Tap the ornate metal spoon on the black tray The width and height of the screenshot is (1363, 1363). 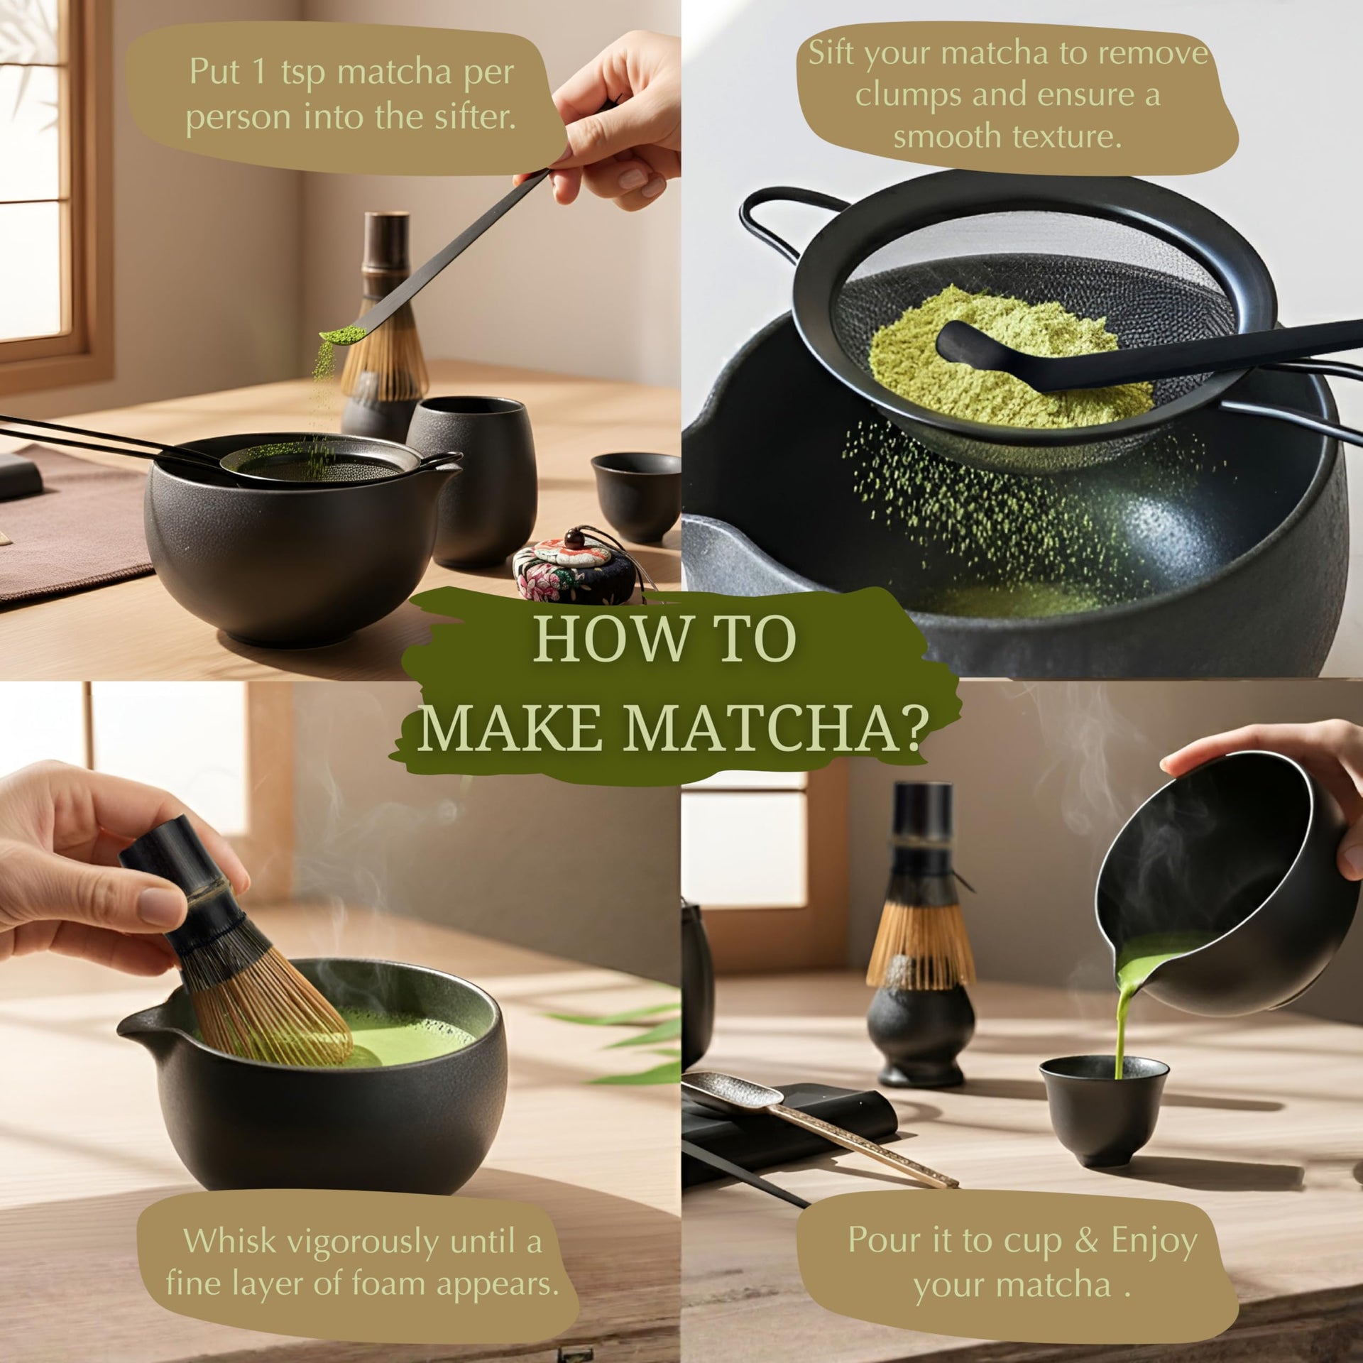(x=816, y=1129)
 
